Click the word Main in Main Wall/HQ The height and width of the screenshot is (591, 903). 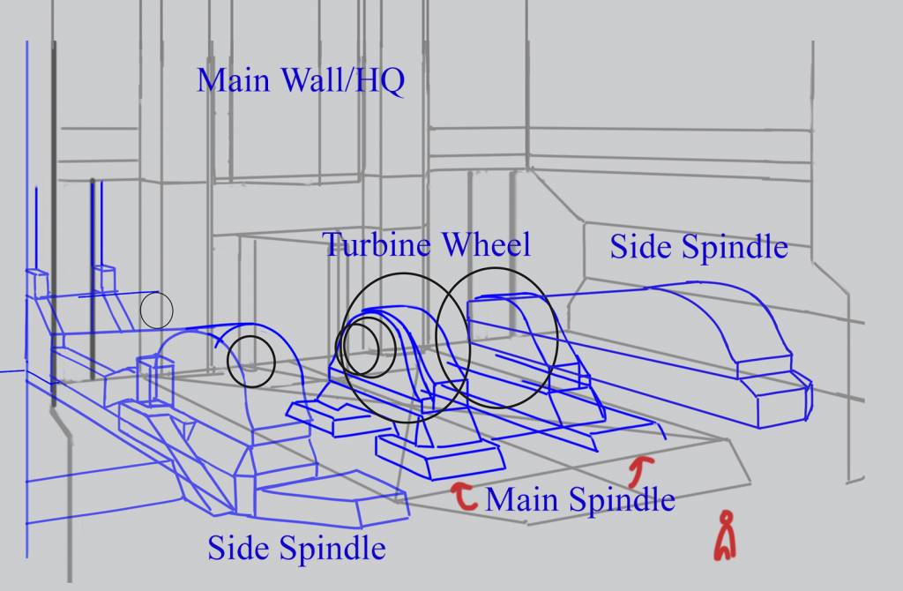tap(233, 79)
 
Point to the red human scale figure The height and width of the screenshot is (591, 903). tap(726, 536)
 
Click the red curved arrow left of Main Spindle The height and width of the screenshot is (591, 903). tap(464, 496)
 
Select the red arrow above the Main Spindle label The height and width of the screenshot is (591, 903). tap(638, 471)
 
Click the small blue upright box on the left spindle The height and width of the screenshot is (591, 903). tap(155, 379)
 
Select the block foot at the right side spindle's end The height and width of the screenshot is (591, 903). tap(774, 393)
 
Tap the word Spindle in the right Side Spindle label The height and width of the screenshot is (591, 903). tap(735, 248)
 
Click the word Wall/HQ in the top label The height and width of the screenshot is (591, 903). tap(343, 80)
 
